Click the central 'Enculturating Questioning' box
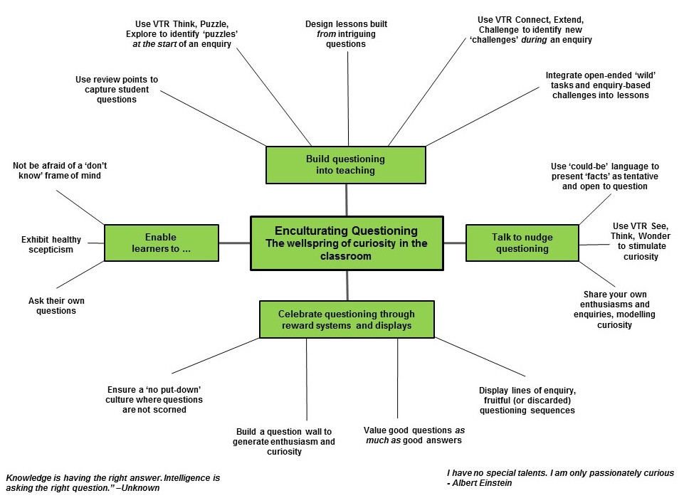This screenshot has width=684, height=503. [347, 243]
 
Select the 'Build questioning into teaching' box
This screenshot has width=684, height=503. [345, 164]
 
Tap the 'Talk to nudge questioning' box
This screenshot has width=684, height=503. [522, 243]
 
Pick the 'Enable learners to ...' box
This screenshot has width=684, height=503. [161, 243]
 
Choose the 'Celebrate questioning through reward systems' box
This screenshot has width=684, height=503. [346, 319]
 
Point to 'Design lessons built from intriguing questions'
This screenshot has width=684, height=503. [346, 33]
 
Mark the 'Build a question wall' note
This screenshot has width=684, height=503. [283, 441]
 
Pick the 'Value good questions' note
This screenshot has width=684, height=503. [414, 435]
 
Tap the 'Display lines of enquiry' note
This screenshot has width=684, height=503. [527, 400]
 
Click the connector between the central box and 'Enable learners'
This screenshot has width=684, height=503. [234, 243]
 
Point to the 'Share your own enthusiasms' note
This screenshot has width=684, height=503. [609, 309]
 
